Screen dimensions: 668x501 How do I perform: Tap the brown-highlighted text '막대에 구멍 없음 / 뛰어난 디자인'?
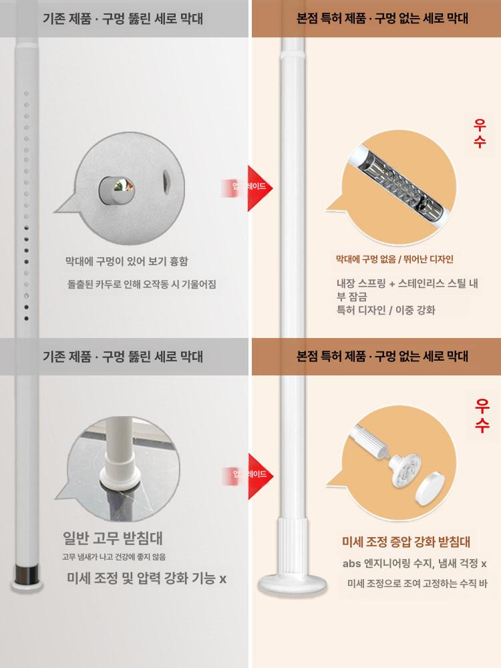coord(394,259)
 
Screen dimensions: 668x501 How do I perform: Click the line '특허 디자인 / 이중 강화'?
coord(386,310)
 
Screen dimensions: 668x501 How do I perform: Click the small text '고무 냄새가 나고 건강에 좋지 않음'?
coord(114,556)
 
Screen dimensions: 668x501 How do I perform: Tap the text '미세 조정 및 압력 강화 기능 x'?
coord(146,578)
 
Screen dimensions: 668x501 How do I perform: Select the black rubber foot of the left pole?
coord(27,573)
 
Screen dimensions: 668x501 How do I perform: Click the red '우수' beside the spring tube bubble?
coord(480,133)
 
